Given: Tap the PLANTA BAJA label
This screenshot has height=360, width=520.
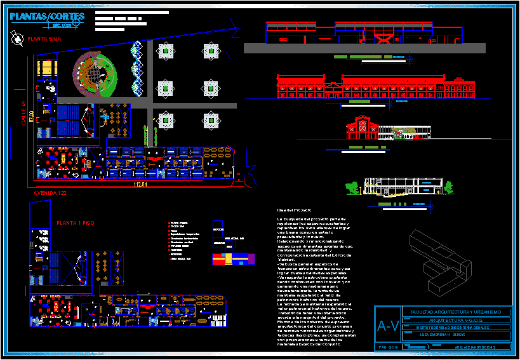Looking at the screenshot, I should pos(44,39).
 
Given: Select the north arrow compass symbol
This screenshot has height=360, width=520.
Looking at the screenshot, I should pos(15,39).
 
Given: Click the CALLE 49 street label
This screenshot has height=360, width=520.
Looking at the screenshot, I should pos(23,113).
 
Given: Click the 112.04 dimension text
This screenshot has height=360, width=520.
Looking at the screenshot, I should pos(140,185).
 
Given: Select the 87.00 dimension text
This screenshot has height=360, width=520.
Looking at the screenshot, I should pos(30,117).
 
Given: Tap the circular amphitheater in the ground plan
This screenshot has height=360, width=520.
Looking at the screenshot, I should pos(95,74).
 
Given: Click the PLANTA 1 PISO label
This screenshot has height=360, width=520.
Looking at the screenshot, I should pos(76,223).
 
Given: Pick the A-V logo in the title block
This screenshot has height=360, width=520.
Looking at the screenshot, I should pos(389,326).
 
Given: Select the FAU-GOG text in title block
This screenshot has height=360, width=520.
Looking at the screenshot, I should pos(388,347).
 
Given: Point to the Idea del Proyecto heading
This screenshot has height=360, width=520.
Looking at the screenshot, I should pos(294,210).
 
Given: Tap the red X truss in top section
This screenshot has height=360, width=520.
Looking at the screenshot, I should pos(383,39).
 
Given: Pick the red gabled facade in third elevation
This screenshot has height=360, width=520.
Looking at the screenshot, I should pos(360,128).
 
